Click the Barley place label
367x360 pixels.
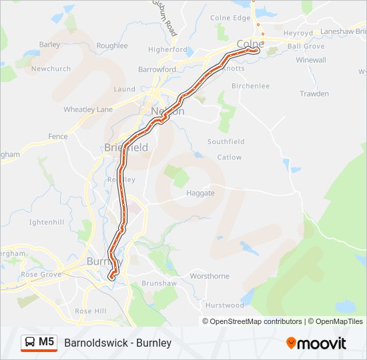click(49, 45)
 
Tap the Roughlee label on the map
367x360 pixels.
click(111, 45)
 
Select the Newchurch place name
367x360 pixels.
click(51, 69)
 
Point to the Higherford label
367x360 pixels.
click(167, 49)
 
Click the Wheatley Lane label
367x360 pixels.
click(87, 109)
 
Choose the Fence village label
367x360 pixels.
click(58, 137)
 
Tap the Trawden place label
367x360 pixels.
click(314, 94)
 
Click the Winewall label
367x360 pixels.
click(311, 60)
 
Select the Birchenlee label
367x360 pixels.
click(250, 86)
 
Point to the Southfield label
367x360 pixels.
click(226, 142)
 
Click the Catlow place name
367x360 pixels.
click(230, 157)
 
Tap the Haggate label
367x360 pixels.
click(201, 193)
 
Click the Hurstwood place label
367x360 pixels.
click(224, 305)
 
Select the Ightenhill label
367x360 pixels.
click(46, 221)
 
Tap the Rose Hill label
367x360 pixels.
click(91, 311)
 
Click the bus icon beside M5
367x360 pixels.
click(30, 343)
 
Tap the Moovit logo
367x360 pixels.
click(316, 343)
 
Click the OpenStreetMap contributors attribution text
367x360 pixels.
click(256, 321)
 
